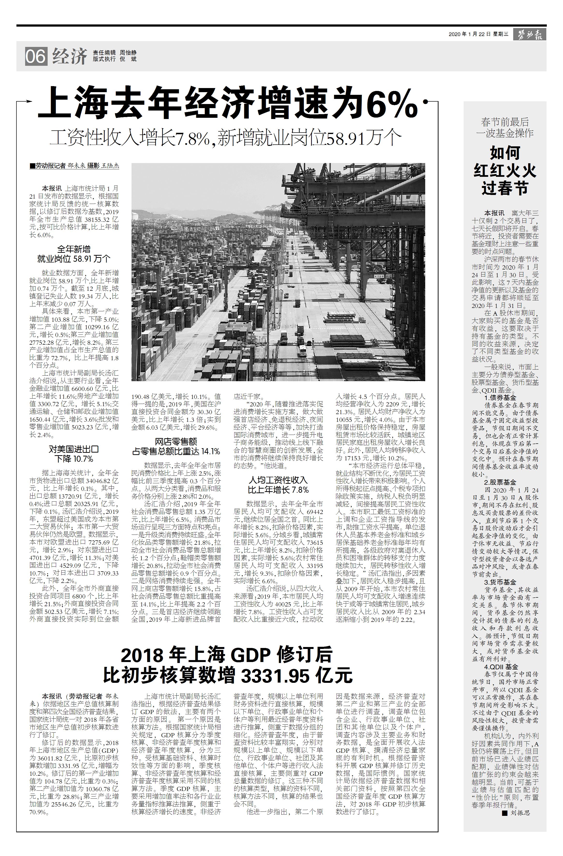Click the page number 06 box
tap(36, 56)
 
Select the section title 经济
tap(70, 56)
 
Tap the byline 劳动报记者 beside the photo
tap(51, 166)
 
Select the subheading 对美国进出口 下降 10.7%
tap(74, 454)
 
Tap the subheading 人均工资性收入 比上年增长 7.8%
tap(278, 484)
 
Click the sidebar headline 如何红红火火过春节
tap(505, 171)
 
